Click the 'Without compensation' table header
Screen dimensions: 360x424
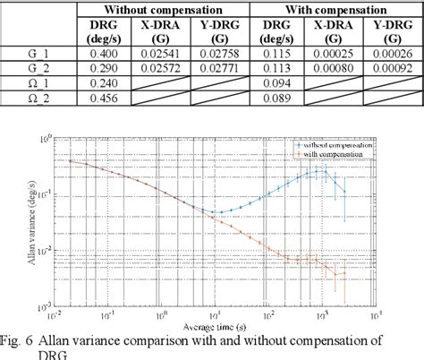163,8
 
